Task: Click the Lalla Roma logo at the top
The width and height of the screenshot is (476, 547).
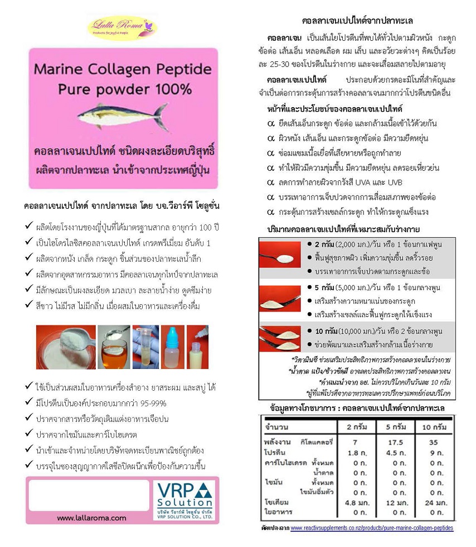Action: pos(122,27)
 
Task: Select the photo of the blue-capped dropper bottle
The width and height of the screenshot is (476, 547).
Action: pos(173,347)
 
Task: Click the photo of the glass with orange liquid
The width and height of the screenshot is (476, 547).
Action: pos(114,347)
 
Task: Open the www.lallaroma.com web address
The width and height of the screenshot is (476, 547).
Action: pos(91,518)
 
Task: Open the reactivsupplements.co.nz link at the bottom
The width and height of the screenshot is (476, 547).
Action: pos(372,528)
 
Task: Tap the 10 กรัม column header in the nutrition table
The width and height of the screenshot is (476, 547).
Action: pos(434,427)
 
